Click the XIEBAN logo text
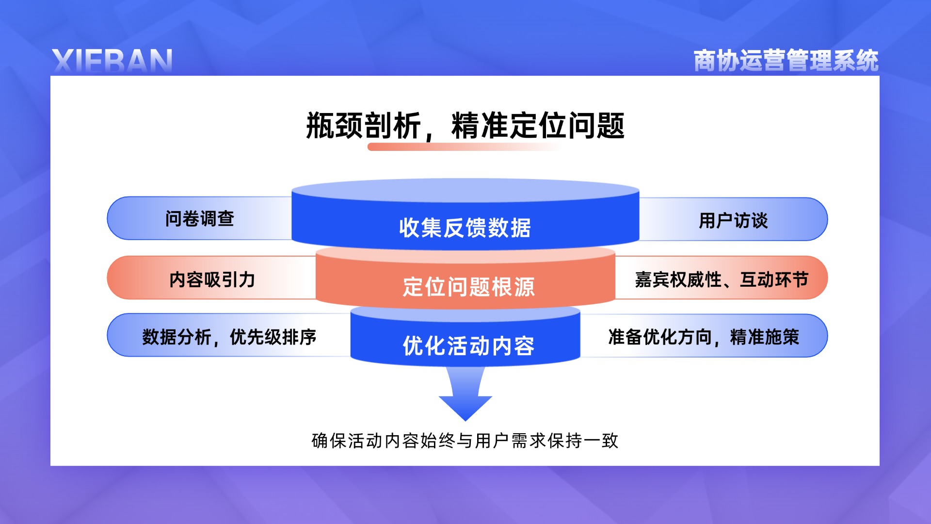[x=112, y=61]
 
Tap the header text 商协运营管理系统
[x=786, y=61]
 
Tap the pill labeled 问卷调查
[x=199, y=218]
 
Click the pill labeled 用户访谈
[x=733, y=219]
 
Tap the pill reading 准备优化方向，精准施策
[x=704, y=336]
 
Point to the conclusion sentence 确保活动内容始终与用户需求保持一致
[x=465, y=441]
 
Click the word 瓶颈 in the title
[x=335, y=126]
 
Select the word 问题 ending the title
[x=596, y=126]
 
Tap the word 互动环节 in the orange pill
[x=774, y=279]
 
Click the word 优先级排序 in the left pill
[x=273, y=337]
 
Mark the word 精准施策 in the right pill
[x=765, y=337]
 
